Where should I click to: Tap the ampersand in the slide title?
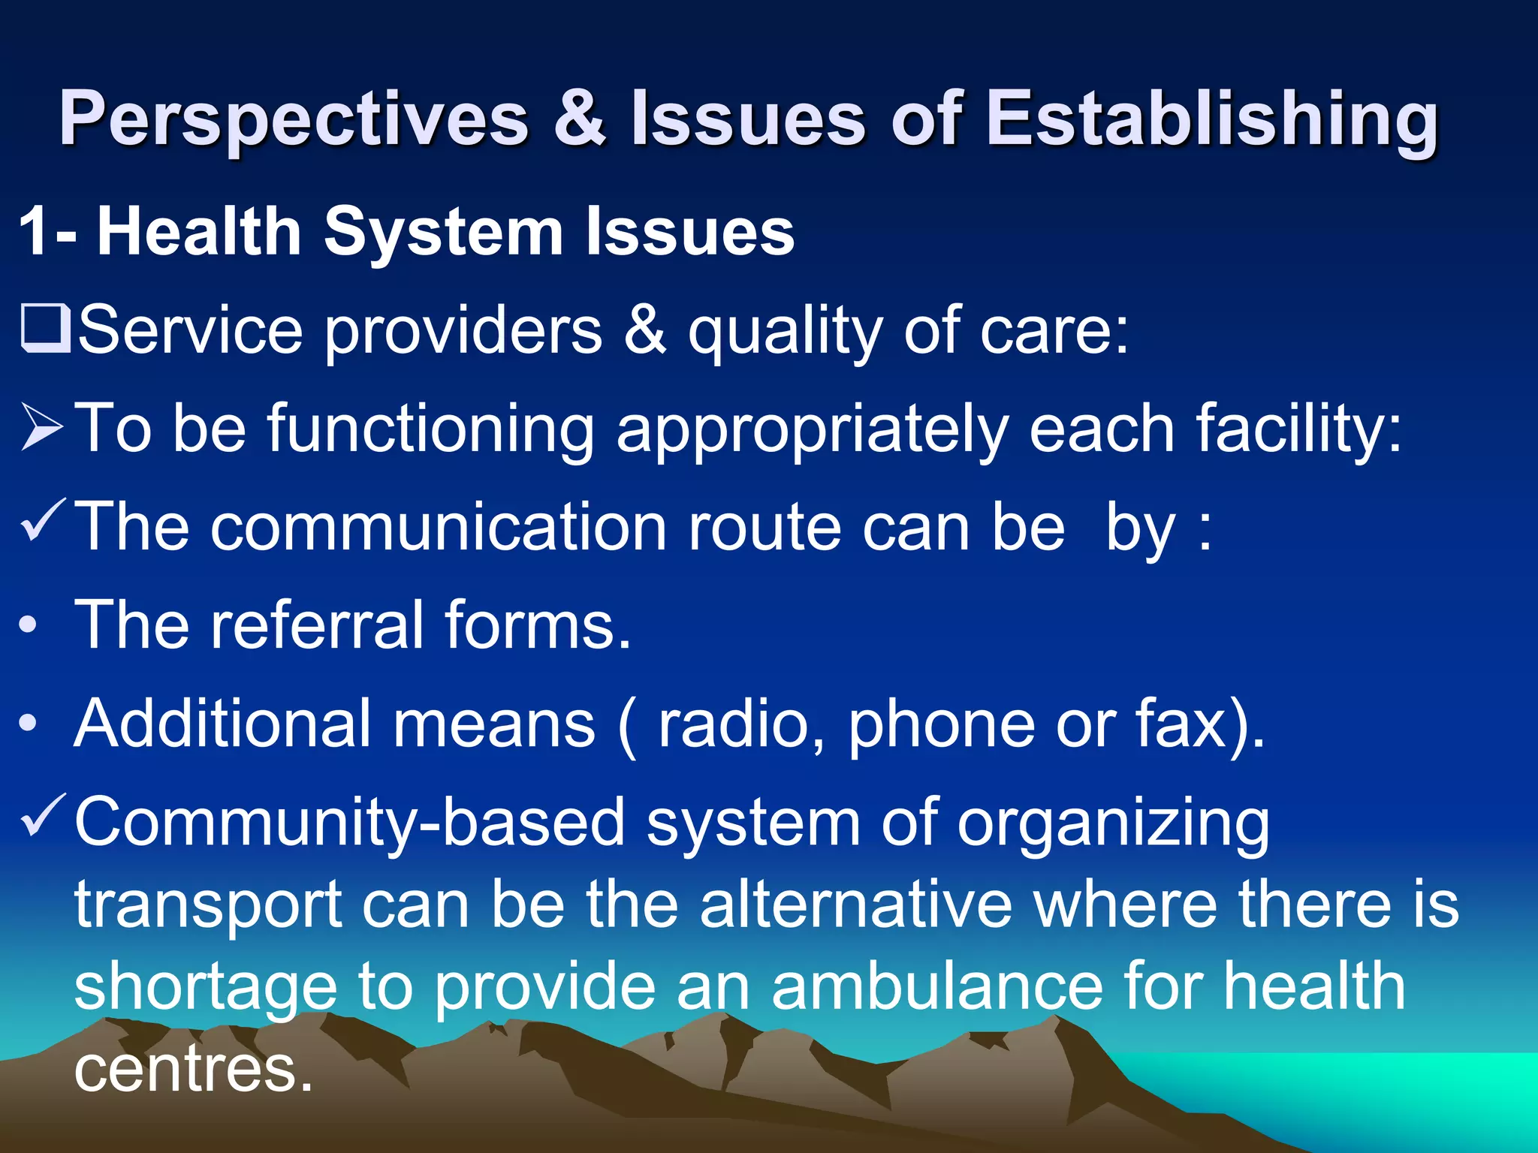coord(580,119)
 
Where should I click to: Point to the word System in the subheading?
coord(443,233)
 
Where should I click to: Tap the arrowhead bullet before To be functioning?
coord(42,427)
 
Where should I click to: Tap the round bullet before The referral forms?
coord(29,626)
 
